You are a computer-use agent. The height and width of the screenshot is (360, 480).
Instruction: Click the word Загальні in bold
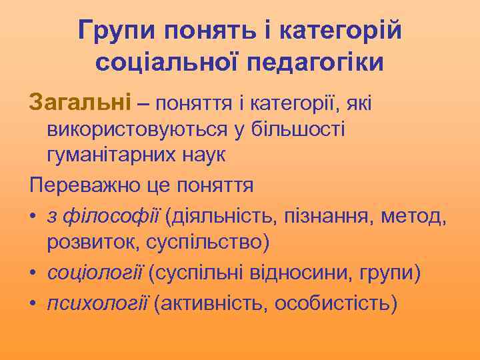point(80,103)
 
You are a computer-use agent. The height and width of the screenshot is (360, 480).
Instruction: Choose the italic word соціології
point(96,273)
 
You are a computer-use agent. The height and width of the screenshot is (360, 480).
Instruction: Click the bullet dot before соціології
point(33,274)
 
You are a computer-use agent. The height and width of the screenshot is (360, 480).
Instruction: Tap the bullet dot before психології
point(33,304)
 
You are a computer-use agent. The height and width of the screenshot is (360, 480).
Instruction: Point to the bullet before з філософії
point(33,216)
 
